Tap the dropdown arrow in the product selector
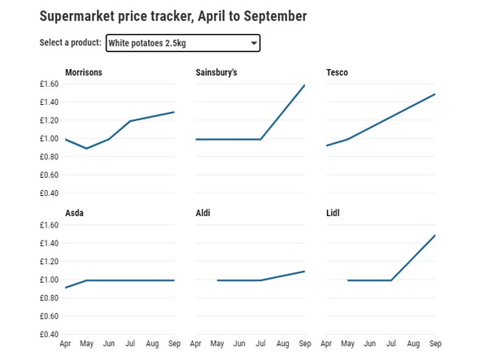pyautogui.click(x=254, y=43)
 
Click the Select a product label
pyautogui.click(x=70, y=43)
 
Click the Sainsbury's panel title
pyautogui.click(x=216, y=73)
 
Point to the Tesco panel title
pyautogui.click(x=337, y=73)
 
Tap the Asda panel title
pyautogui.click(x=74, y=214)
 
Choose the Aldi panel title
pyautogui.click(x=203, y=214)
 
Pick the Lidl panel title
pyautogui.click(x=333, y=214)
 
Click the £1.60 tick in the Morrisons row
pyautogui.click(x=48, y=84)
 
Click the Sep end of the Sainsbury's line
pyautogui.click(x=304, y=85)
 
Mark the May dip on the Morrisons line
pyautogui.click(x=86, y=149)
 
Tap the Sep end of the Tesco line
pyautogui.click(x=435, y=94)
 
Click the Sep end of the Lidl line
pyautogui.click(x=435, y=236)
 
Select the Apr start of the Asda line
pyautogui.click(x=65, y=288)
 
